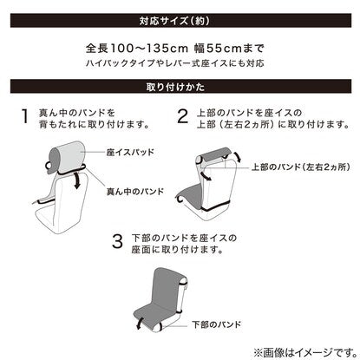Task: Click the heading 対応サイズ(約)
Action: point(174,21)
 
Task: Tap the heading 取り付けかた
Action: point(175,87)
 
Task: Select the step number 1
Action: point(25,116)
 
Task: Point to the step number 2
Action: point(182,116)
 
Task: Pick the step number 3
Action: point(117,241)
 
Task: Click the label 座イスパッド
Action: point(130,152)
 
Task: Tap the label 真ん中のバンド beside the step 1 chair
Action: point(135,192)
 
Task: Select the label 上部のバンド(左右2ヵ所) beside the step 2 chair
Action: point(301,167)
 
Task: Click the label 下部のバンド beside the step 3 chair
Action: point(217,324)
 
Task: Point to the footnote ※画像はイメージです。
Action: point(305,352)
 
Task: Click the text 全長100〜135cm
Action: point(136,49)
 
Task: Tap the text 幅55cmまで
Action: point(229,49)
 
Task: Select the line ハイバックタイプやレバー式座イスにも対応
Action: point(175,63)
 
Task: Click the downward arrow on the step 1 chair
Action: point(76,180)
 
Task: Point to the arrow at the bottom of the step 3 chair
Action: point(140,324)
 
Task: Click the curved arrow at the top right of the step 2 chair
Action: point(238,157)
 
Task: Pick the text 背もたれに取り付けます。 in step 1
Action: point(95,125)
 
